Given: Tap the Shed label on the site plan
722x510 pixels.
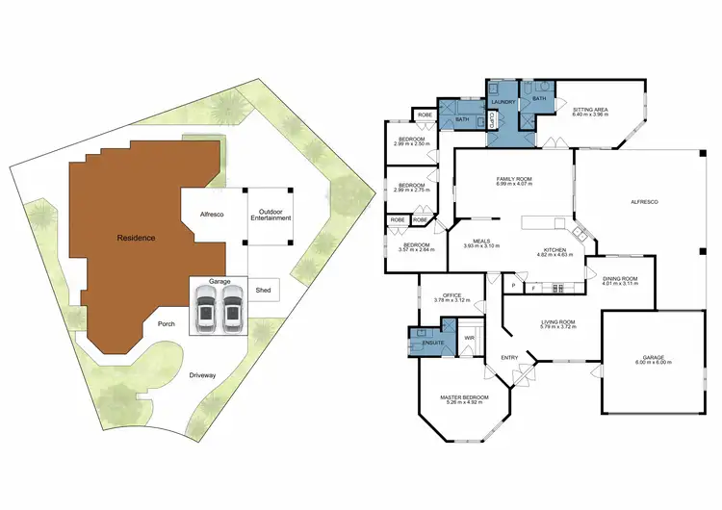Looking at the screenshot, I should (263, 290).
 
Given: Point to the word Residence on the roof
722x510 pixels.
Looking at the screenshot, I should (136, 237).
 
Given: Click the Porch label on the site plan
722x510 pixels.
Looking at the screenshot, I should (167, 325).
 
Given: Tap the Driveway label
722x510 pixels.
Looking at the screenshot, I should (202, 375).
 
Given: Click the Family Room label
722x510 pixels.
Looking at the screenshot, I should (514, 179).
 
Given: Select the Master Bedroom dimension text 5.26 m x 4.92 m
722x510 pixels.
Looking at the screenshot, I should (466, 402).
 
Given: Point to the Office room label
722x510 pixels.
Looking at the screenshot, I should (452, 295).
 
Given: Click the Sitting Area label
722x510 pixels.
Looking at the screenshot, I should (590, 111).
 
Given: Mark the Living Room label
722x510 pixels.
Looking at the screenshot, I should (556, 321).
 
